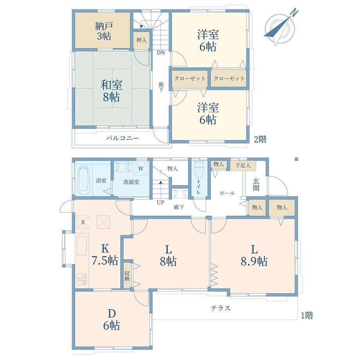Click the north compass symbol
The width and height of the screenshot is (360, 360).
[280, 28]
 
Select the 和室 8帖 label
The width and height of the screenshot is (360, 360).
[112, 91]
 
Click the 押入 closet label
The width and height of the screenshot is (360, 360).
[141, 40]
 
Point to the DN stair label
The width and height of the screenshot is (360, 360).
[161, 52]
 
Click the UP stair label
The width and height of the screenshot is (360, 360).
[160, 203]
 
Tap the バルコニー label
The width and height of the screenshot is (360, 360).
[122, 138]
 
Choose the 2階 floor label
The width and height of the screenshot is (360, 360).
[260, 139]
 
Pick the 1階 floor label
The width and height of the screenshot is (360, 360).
[307, 315]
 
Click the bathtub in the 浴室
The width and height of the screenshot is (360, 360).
[83, 180]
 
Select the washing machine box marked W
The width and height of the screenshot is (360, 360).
[140, 169]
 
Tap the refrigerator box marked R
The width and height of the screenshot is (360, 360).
[83, 222]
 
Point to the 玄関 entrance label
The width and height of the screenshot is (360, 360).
[256, 184]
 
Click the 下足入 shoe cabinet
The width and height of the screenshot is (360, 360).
[243, 165]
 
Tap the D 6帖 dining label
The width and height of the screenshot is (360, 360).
[112, 319]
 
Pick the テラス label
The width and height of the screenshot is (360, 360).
[220, 308]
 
